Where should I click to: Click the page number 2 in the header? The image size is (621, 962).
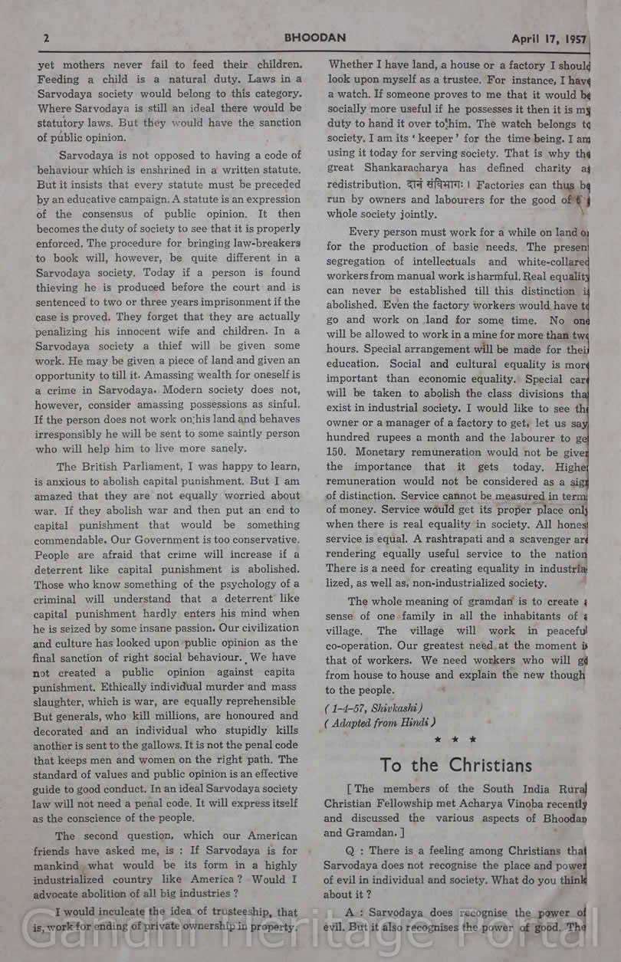(x=47, y=38)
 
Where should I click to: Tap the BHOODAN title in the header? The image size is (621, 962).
(x=315, y=37)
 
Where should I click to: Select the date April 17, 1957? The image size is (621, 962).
(x=549, y=38)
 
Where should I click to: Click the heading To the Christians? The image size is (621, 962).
(x=455, y=765)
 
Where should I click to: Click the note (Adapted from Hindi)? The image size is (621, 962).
(x=379, y=722)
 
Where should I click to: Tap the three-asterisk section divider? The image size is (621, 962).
(x=455, y=740)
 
